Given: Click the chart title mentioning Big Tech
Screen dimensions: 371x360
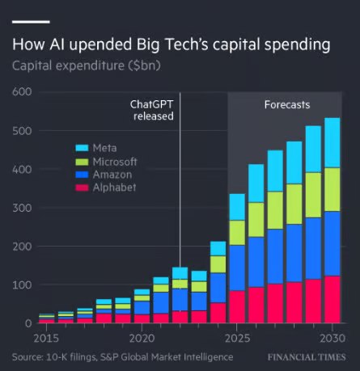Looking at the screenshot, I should pos(172,44).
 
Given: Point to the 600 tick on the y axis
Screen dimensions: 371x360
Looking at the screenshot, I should pos(22,92).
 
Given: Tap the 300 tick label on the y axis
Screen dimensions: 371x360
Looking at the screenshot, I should pos(22,208).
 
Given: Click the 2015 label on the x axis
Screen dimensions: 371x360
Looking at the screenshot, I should pos(47,337).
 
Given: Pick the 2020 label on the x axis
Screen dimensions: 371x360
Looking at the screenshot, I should pos(142,337).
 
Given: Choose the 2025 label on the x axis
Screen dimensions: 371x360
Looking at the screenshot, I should pos(238,337).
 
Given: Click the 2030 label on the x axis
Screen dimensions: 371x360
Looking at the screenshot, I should pos(330,337).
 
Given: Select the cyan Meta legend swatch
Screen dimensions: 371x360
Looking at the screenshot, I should pos(82,147).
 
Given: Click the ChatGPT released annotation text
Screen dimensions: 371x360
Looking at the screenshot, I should pos(154,111).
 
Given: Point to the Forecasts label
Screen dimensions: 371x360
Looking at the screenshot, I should pos(287,105).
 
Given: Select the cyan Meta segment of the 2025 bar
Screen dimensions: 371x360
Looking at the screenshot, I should pos(238,207).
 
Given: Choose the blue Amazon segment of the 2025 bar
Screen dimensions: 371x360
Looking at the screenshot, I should pos(238,268).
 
